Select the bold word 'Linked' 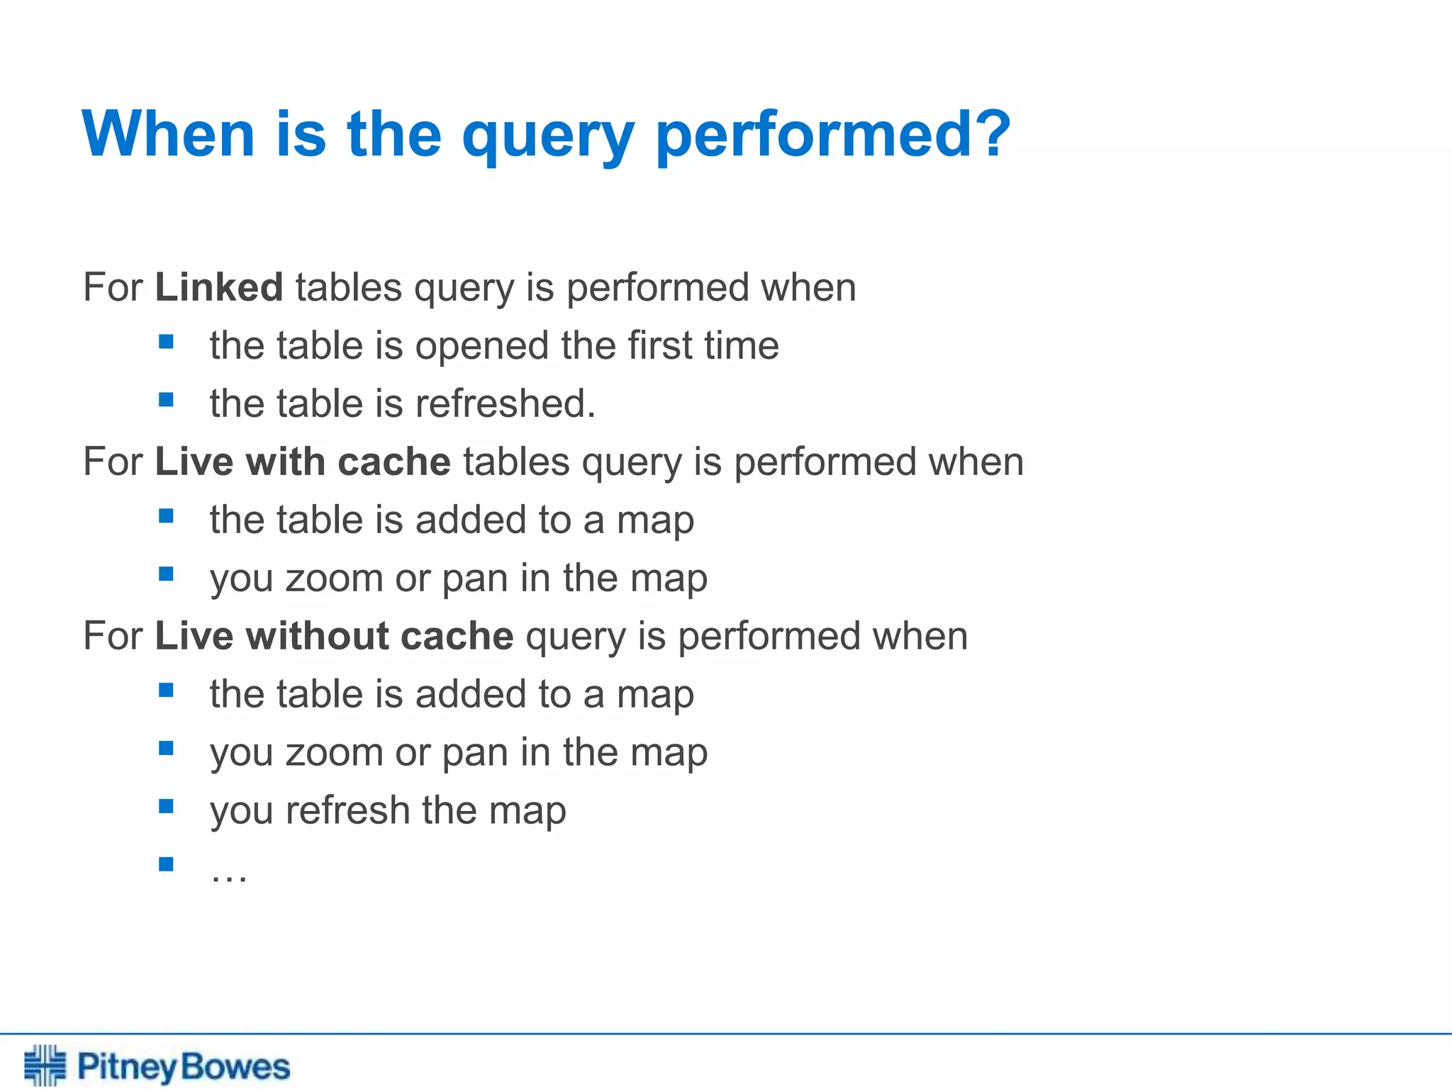219,287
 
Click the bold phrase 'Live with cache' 303,462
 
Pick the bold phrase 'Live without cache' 334,635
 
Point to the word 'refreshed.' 506,403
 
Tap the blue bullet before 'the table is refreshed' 167,400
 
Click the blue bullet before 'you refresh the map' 167,806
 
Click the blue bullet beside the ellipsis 167,864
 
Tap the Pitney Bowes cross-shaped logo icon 45,1065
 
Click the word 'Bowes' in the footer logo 235,1066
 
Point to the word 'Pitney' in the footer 126,1067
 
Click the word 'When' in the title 169,134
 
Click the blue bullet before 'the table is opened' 167,342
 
